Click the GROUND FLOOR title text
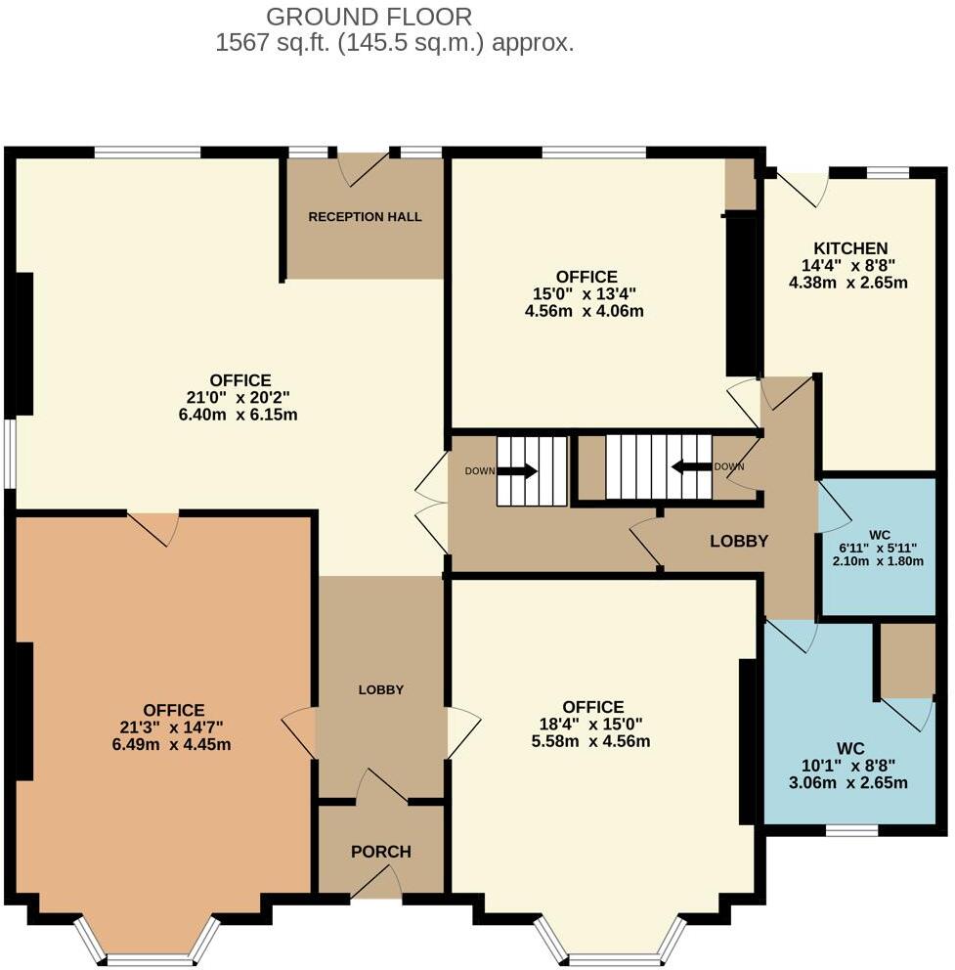(369, 17)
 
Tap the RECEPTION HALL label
(365, 216)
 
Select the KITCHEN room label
(850, 248)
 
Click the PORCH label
(381, 852)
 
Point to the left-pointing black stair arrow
(692, 467)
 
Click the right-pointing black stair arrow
(518, 470)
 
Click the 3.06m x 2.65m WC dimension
(849, 782)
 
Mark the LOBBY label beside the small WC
(738, 541)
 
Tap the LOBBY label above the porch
(381, 689)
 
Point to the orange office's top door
(153, 527)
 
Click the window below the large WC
(850, 831)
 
